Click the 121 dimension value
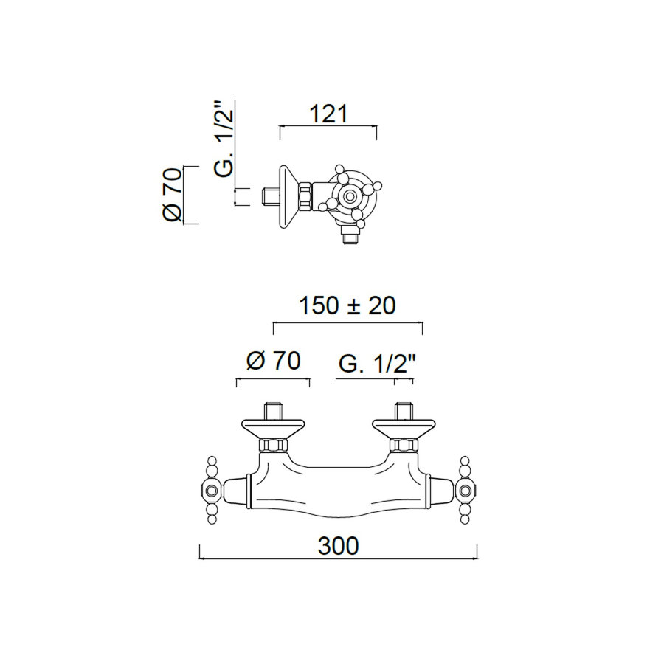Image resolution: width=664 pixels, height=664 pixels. [x=328, y=114]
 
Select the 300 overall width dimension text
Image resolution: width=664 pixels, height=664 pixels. [x=338, y=545]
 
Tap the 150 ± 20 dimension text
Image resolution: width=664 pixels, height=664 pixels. [x=347, y=305]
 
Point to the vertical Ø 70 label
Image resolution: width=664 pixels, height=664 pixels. [x=171, y=195]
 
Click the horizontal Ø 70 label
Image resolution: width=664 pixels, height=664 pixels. [x=273, y=362]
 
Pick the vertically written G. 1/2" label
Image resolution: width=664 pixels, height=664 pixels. [x=224, y=139]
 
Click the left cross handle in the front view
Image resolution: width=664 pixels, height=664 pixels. [x=212, y=490]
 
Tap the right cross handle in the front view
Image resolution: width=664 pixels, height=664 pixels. [x=465, y=490]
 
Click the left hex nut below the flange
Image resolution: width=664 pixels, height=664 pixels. [x=272, y=445]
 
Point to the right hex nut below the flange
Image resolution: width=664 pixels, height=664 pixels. [x=403, y=445]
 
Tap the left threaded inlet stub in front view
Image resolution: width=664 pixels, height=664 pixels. [x=272, y=410]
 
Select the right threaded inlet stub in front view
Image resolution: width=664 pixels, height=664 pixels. [x=403, y=410]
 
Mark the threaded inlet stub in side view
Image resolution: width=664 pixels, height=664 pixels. [x=269, y=196]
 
